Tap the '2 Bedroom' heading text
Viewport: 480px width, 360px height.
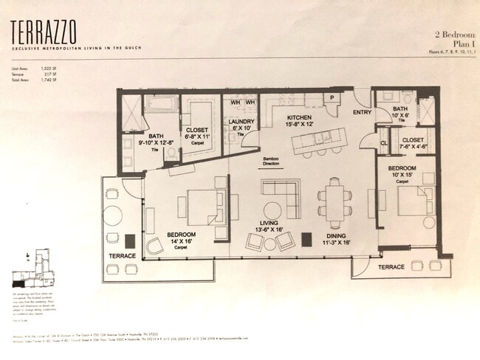(x=448, y=34)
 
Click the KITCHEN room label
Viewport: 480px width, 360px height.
(x=299, y=117)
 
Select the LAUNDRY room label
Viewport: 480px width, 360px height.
(x=241, y=122)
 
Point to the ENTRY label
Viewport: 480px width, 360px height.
(x=363, y=112)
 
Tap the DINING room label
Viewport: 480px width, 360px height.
(x=338, y=237)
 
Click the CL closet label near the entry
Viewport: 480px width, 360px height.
(x=384, y=143)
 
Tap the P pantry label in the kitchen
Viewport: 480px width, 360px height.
(x=332, y=97)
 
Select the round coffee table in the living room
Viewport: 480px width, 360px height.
(x=272, y=210)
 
